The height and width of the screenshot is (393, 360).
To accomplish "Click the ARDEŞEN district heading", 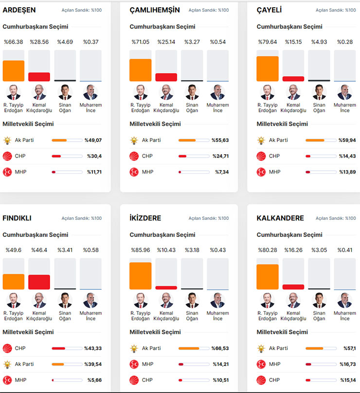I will [19, 10].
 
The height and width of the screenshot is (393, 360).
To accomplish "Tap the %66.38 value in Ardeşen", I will [13, 42].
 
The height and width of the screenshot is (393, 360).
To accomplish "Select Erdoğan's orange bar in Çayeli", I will [267, 69].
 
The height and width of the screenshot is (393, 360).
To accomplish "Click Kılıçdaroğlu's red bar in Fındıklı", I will [39, 282].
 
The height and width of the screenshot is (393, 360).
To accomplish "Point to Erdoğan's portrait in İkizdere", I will [140, 300].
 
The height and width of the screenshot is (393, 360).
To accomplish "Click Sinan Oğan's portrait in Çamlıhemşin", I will [192, 92].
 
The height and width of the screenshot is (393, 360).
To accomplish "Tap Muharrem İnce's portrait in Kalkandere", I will [344, 300].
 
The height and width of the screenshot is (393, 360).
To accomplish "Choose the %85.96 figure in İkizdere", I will [140, 250].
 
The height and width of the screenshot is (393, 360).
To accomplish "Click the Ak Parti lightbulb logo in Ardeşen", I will [7, 141].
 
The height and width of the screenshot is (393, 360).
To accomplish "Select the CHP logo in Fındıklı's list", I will [7, 348].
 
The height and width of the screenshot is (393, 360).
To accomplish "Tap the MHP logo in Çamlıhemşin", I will [134, 172].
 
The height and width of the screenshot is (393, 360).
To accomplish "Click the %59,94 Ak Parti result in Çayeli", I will [347, 141].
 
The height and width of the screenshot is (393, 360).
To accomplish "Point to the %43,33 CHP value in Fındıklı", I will [93, 348].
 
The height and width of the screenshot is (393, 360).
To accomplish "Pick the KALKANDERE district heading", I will [280, 218].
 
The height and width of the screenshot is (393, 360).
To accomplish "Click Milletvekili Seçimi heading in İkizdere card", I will [155, 332].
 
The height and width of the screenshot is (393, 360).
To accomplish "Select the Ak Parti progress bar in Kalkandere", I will [321, 348].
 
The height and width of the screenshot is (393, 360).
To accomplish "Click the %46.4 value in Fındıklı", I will [39, 250].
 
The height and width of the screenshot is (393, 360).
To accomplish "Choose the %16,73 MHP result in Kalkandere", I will [347, 364].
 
